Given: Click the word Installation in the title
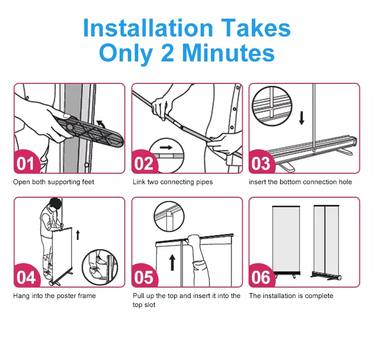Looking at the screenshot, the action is (148, 28).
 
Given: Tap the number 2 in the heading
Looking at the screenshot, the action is (168, 53).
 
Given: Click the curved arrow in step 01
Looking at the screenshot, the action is (100, 125).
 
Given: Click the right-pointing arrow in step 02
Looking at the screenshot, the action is (166, 147).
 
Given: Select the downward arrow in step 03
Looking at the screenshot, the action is (302, 118).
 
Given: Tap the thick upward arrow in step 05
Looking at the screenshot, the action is (172, 262).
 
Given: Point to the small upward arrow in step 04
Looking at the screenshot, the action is (78, 235).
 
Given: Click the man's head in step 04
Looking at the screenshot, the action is (55, 204).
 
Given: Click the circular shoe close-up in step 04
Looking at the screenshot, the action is (100, 267).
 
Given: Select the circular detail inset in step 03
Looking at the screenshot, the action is (272, 106).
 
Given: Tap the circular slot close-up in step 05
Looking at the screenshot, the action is (169, 216).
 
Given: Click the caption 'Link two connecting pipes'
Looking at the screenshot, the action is (173, 182).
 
